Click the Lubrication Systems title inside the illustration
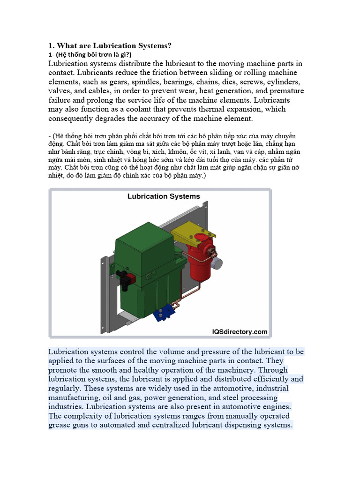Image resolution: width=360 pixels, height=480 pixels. coord(164,196)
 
